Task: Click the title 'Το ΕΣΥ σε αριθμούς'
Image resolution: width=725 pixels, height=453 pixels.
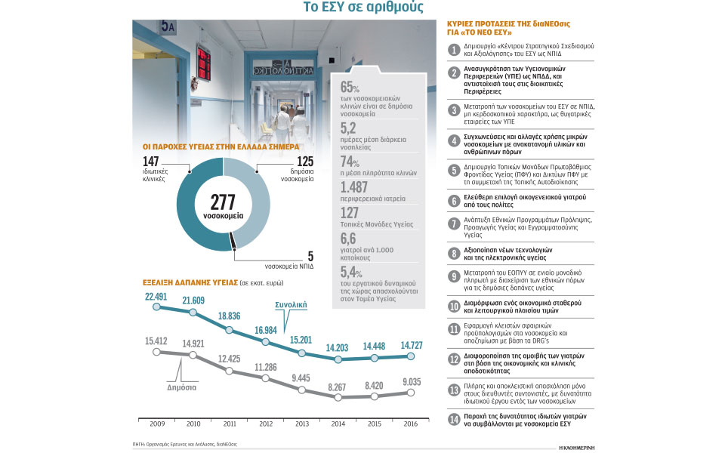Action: coord(362,8)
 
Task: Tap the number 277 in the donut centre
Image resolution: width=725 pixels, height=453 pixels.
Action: coord(223,202)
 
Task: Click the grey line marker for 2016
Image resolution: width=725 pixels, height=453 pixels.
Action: coord(412,392)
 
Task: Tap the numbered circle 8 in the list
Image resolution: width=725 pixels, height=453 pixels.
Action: coord(453,254)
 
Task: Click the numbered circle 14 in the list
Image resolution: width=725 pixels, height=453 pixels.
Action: coord(453,421)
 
